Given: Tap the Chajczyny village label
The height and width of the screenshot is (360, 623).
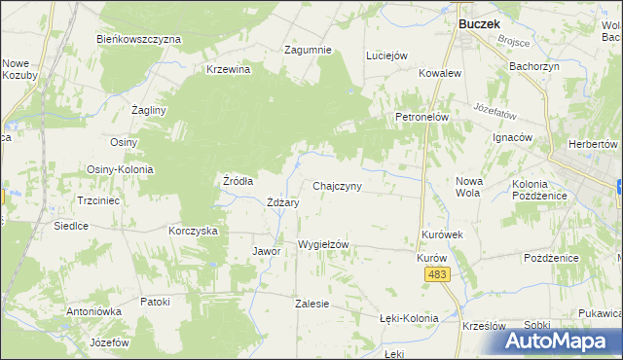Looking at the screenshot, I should [x=338, y=186].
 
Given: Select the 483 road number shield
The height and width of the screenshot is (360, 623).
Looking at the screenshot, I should [x=437, y=276].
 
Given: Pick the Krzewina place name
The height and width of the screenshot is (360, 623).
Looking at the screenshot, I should [x=229, y=69].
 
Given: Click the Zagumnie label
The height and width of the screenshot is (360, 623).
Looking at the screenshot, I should [x=308, y=50].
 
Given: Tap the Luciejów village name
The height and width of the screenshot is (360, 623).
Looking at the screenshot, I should [x=385, y=55].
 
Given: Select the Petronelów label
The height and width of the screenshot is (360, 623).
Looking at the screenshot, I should [x=421, y=117].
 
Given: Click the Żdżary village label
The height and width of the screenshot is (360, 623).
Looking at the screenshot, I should [x=282, y=202].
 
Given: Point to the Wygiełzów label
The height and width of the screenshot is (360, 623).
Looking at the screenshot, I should [x=323, y=244].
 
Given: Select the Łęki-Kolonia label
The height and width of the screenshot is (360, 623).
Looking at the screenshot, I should [x=409, y=318].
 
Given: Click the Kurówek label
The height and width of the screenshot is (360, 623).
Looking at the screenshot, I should [x=442, y=234].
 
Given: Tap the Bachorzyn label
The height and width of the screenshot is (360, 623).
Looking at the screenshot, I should [x=533, y=67].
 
